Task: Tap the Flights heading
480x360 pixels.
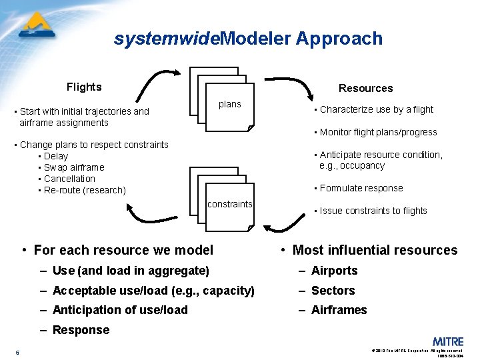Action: click(x=84, y=87)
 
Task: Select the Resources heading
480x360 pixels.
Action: click(x=365, y=88)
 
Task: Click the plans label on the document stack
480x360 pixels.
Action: click(x=230, y=104)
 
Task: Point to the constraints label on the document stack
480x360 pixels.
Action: click(x=230, y=204)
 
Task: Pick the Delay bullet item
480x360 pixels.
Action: click(x=56, y=156)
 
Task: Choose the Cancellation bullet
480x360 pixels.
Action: click(x=69, y=179)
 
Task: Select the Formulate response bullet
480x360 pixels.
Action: click(x=361, y=188)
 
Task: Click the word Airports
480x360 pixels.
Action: click(x=334, y=271)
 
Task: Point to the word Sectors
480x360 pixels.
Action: click(x=333, y=291)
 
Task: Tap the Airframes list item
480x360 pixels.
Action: click(x=339, y=310)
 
